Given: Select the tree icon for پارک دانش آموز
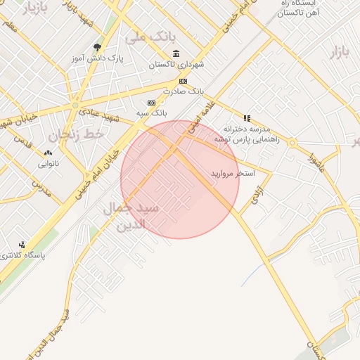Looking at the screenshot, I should [x=97, y=47].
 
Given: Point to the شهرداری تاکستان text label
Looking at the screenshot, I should [x=176, y=65].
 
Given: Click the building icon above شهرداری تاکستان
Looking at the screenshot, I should [x=175, y=54].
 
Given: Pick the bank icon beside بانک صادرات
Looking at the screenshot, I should [x=184, y=82].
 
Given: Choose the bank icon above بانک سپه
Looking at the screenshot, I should [x=151, y=103].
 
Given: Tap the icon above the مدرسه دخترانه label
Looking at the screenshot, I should [x=247, y=118].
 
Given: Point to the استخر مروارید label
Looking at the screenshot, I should [x=232, y=172].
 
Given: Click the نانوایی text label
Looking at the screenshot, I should [x=49, y=164].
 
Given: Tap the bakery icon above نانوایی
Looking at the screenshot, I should [x=48, y=153].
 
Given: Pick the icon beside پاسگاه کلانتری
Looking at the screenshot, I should [x=22, y=245].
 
